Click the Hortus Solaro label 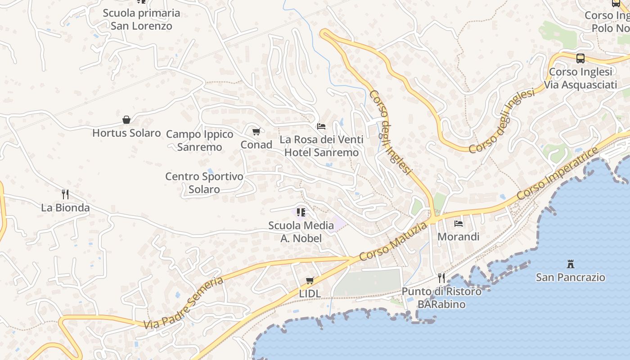[x=126, y=133]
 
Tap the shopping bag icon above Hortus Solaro [x=126, y=120]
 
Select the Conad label [x=256, y=145]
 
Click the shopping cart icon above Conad [x=256, y=131]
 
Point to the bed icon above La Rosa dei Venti [x=321, y=126]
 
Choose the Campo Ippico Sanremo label [x=200, y=140]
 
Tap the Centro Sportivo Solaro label [x=204, y=183]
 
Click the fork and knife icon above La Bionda [x=66, y=194]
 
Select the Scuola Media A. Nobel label [x=301, y=232]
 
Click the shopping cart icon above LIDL [x=310, y=281]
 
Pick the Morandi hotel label [x=459, y=237]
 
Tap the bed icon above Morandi [x=459, y=223]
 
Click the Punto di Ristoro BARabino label [x=441, y=298]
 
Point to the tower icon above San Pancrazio [x=571, y=264]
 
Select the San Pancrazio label [x=571, y=277]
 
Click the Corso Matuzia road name [x=393, y=242]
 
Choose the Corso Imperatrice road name [x=558, y=173]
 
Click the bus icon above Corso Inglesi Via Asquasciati [x=580, y=58]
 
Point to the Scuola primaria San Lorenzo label [x=141, y=19]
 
